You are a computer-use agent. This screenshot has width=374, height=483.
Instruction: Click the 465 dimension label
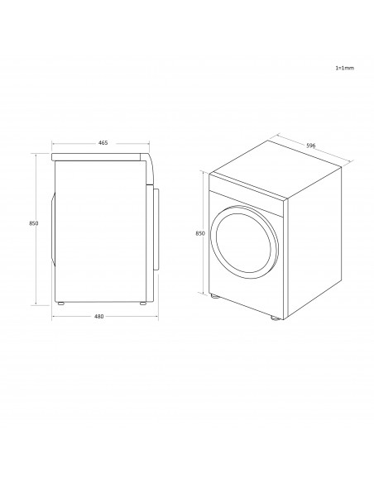click(x=103, y=143)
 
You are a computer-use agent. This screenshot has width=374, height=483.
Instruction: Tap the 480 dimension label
click(x=99, y=317)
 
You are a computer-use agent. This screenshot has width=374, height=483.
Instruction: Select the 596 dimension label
click(x=311, y=146)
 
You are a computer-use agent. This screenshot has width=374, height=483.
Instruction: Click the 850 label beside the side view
click(x=34, y=223)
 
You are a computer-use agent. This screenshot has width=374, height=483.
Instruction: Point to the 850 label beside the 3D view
click(x=200, y=233)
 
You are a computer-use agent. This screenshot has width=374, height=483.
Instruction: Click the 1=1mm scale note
click(x=345, y=68)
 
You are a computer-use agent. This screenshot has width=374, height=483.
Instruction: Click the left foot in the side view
click(x=61, y=304)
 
